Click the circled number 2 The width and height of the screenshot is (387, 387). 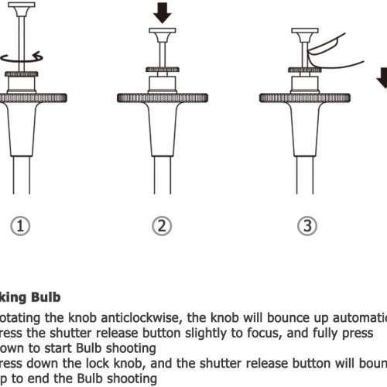coord(161,226)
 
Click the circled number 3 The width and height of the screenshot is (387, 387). coord(307,226)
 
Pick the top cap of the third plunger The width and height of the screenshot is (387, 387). coord(303,33)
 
